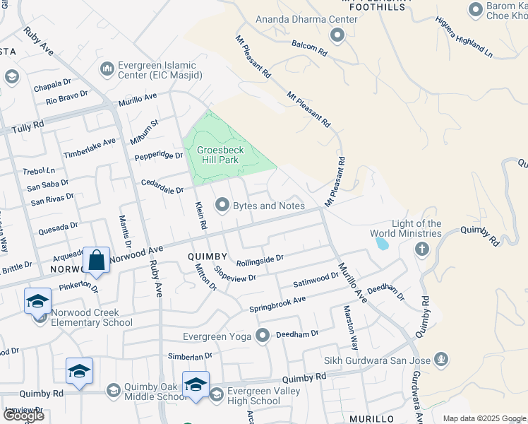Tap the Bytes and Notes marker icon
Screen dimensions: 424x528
pos(223,206)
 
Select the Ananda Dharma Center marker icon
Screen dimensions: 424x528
pos(337,35)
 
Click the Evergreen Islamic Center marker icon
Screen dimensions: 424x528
pos(108,69)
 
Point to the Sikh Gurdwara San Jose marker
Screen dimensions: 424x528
pos(442,360)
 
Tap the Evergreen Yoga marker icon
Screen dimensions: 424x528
pos(263,336)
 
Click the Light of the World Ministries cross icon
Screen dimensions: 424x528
pos(421,249)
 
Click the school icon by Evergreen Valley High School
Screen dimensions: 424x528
pos(196,385)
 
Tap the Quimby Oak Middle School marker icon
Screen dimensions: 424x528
pos(113,390)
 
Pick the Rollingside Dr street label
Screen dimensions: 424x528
pos(260,261)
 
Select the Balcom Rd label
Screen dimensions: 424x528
pos(310,47)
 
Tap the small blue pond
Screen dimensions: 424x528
pos(382,244)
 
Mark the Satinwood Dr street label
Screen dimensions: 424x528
pos(316,279)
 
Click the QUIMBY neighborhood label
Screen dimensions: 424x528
pos(208,257)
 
